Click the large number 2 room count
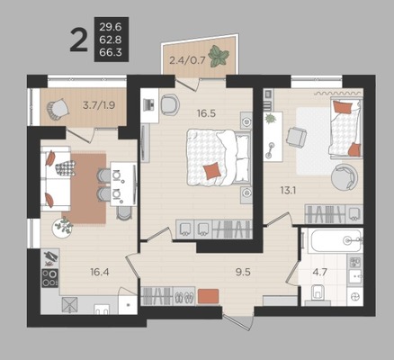coord(78,40)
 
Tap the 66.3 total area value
coord(111,52)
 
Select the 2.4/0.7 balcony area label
coord(187,60)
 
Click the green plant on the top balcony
coord(219,56)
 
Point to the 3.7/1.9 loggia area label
coord(99,105)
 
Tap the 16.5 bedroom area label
coord(207,113)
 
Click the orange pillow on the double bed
coord(212,171)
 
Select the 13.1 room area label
coord(288,190)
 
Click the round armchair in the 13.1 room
coord(345,176)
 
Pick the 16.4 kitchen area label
coord(100,272)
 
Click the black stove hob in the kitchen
coord(49,278)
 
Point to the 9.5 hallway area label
coord(243,272)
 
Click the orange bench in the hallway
coord(209,296)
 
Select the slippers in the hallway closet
coord(185,297)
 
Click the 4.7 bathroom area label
coord(319,272)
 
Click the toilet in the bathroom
coord(317,292)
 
